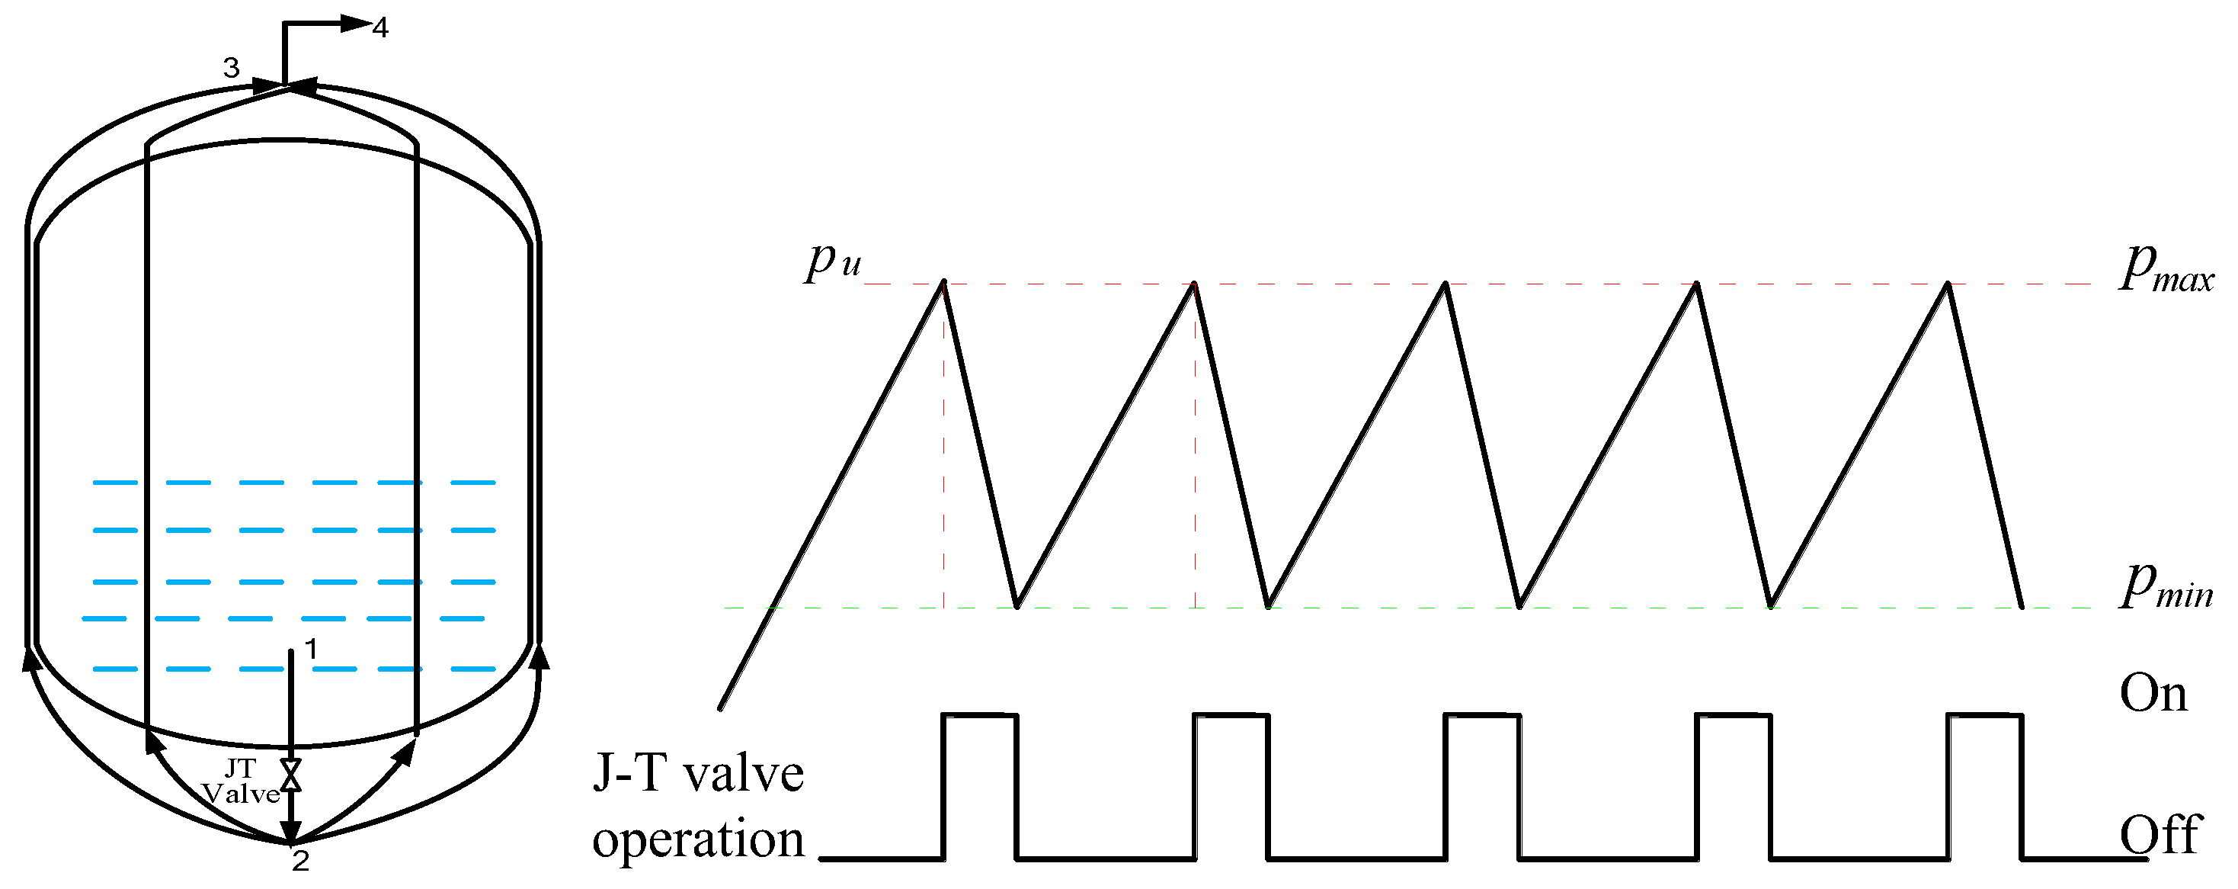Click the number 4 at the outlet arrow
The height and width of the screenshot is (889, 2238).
tap(380, 27)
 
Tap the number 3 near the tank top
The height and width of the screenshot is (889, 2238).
tap(231, 68)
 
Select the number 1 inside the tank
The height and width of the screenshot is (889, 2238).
tap(311, 648)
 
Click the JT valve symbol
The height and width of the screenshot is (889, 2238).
tap(291, 775)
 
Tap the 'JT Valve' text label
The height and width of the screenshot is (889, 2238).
tap(241, 781)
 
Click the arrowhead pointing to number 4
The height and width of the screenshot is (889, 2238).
tap(355, 24)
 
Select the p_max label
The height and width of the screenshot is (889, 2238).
tap(2166, 268)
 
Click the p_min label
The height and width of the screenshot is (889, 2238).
tap(2166, 584)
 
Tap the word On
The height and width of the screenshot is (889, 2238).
tap(2153, 694)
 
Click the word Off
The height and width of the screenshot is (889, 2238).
tap(2160, 835)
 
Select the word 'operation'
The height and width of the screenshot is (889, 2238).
tap(699, 839)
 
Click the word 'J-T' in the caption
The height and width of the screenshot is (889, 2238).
tap(628, 772)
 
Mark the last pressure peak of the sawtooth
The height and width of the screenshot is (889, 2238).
tap(1948, 284)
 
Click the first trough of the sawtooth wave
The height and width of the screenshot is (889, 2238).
tap(1017, 605)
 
